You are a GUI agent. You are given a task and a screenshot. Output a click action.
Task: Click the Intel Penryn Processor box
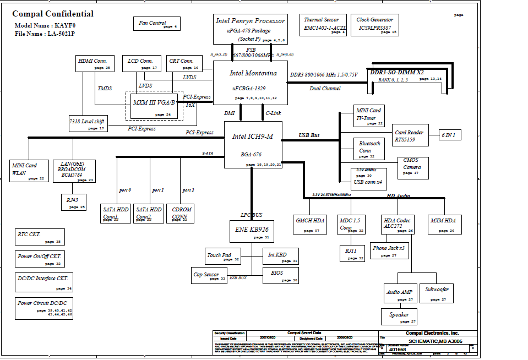click(250, 29)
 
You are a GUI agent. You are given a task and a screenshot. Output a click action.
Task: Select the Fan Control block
click(156, 24)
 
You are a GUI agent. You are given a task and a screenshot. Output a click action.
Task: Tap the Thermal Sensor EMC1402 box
click(324, 26)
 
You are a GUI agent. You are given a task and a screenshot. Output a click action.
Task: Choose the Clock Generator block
click(377, 26)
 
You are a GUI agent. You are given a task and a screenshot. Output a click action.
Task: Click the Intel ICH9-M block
click(253, 145)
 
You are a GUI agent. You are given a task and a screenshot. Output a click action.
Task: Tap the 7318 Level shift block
click(87, 123)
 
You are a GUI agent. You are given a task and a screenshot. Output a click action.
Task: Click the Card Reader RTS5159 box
click(409, 135)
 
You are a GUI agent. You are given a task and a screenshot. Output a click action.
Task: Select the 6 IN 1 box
click(450, 135)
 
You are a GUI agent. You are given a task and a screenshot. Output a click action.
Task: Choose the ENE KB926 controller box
click(252, 231)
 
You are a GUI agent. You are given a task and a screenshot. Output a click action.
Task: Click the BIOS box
click(281, 275)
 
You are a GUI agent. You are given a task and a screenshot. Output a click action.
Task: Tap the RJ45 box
click(73, 202)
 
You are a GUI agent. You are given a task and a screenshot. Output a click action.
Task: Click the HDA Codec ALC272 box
click(398, 225)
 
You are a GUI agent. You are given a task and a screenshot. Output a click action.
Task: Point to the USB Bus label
click(309, 135)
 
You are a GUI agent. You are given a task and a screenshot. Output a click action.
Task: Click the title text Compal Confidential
click(53, 14)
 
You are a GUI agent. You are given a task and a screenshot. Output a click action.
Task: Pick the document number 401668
click(398, 349)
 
